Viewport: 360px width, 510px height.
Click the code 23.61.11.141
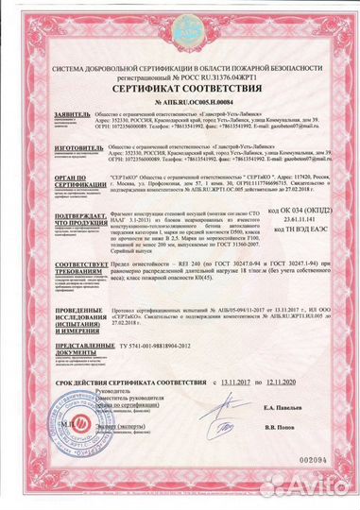[x=312, y=216]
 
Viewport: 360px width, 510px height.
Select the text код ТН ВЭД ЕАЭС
[x=311, y=227]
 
